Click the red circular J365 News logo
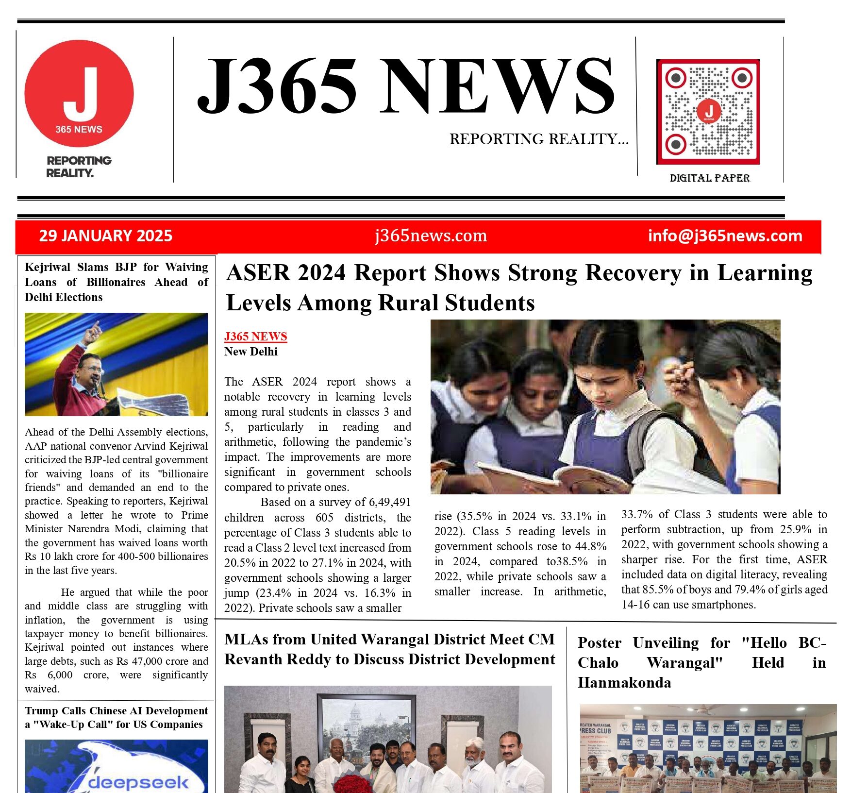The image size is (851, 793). (79, 93)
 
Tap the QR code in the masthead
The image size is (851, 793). (708, 112)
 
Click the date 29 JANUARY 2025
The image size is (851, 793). (106, 236)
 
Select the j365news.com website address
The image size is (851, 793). (431, 236)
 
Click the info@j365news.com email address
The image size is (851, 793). (725, 236)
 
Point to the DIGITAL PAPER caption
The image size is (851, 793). (709, 178)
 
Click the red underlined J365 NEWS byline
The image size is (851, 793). (255, 337)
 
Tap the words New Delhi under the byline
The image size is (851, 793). (250, 352)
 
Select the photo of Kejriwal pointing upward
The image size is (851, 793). (116, 364)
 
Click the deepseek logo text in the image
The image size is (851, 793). (138, 782)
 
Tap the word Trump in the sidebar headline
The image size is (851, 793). (42, 711)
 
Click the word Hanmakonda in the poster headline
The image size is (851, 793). (624, 683)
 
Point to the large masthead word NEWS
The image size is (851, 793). (496, 86)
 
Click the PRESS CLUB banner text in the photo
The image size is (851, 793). (596, 730)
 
